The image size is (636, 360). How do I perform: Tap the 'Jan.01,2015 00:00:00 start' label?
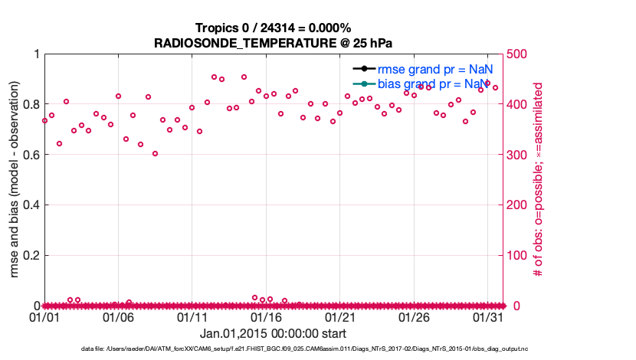tap(273, 333)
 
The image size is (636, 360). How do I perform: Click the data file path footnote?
tap(304, 349)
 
